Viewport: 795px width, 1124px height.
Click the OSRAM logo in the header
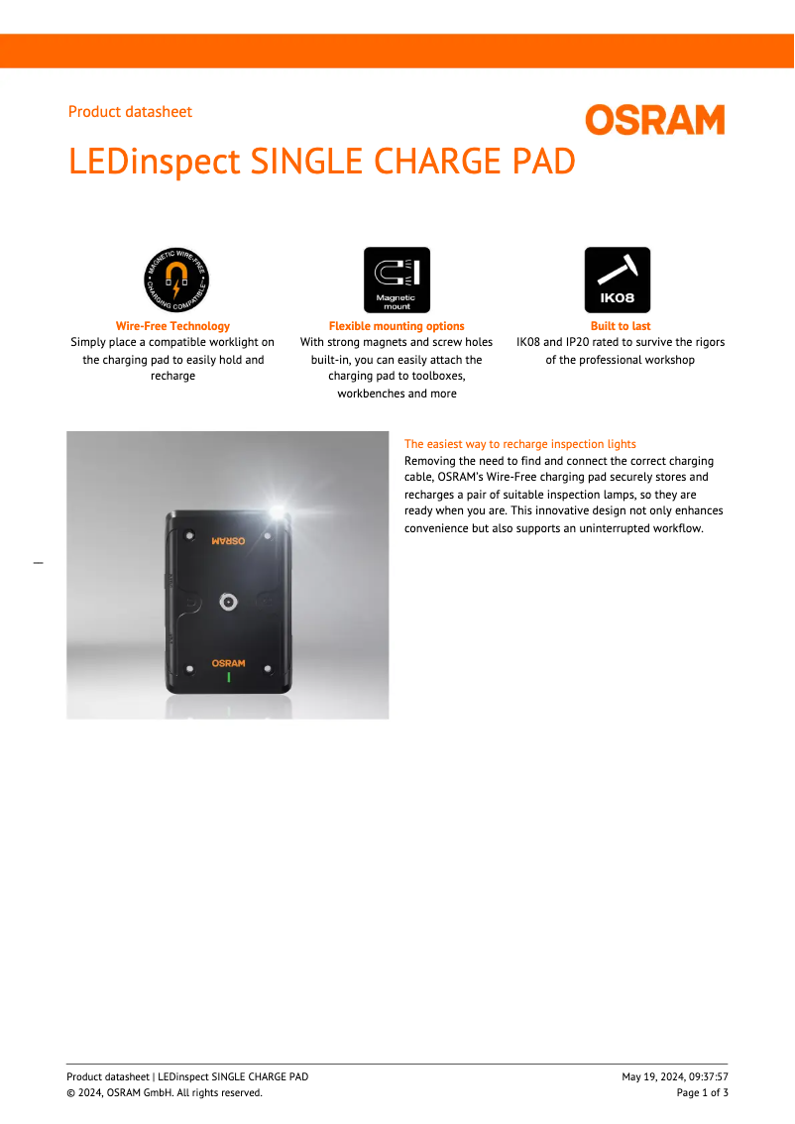click(654, 120)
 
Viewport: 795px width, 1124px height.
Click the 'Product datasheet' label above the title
click(130, 112)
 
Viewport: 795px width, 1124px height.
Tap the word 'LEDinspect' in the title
click(154, 161)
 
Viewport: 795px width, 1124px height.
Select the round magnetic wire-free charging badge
click(176, 281)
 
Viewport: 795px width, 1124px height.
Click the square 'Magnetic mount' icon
click(397, 281)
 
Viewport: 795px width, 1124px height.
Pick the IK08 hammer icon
click(618, 281)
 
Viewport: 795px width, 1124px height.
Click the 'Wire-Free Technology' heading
click(172, 326)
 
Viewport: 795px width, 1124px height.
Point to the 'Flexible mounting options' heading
click(397, 326)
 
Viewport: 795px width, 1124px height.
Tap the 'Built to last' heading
click(621, 326)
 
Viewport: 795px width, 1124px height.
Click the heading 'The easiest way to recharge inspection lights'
click(520, 444)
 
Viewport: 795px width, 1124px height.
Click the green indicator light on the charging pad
click(228, 678)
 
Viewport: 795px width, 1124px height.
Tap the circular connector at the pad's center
click(228, 602)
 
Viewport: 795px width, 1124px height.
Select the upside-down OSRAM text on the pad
click(228, 541)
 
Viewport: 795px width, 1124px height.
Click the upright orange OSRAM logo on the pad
click(228, 663)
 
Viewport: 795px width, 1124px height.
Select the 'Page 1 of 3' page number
click(702, 1092)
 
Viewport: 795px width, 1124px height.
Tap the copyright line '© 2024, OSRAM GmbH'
click(165, 1092)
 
